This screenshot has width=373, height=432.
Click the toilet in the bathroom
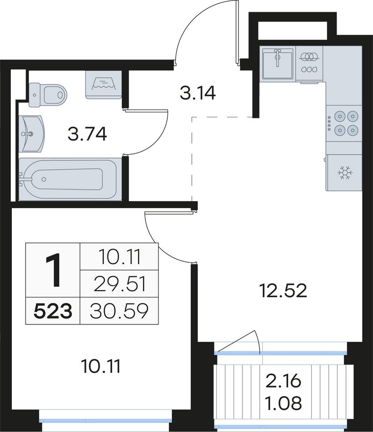coord(48,94)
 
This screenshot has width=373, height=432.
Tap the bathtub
coord(70,179)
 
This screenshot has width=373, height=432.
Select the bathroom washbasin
coord(31,134)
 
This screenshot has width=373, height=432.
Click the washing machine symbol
coord(103,84)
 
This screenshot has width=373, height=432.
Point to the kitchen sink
coord(277,63)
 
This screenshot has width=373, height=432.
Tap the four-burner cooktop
coord(344,123)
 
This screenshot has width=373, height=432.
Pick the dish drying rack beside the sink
coord(309,63)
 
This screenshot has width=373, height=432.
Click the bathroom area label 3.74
coord(87,135)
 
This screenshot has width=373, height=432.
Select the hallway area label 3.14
coord(197,93)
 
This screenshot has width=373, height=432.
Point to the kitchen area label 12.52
coord(283,291)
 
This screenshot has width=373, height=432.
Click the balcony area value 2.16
coord(284,381)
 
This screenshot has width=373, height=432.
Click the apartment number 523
coord(53,311)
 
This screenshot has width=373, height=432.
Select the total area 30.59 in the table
coord(119,311)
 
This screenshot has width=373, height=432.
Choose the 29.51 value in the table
coord(119,284)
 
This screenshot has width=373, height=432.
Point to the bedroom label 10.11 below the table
coord(101,367)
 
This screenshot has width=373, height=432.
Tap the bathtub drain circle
coord(44,179)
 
